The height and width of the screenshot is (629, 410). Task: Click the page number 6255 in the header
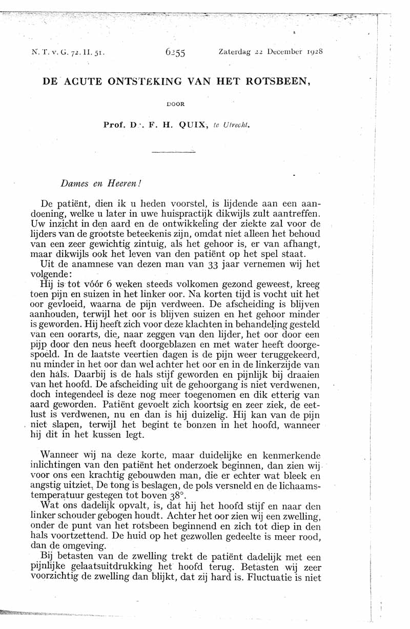(175, 52)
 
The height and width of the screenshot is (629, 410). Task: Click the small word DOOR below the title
(176, 104)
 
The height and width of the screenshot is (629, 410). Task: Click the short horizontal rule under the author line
(174, 151)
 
